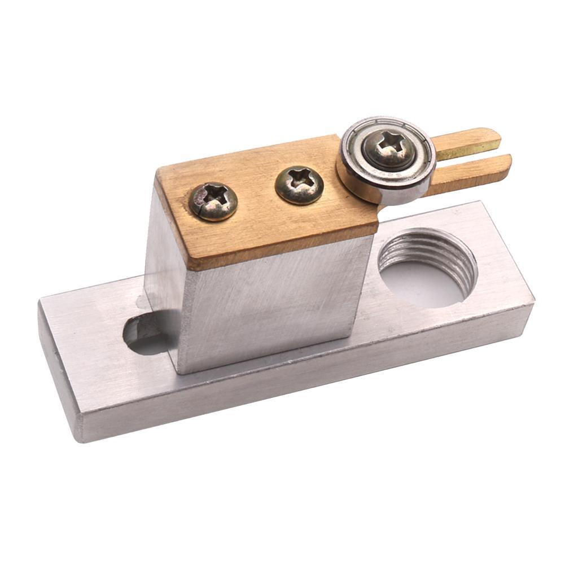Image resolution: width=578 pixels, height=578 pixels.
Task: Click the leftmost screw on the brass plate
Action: [213, 201]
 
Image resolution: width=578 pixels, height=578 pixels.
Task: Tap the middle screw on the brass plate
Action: [299, 185]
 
